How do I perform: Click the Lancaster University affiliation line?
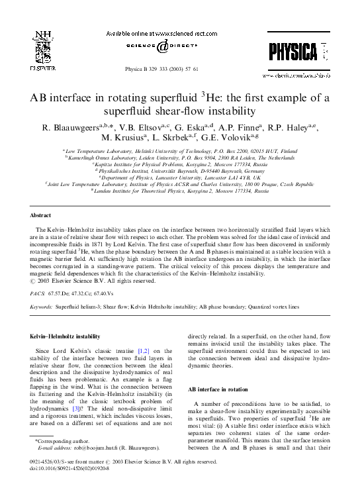(179, 177)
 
